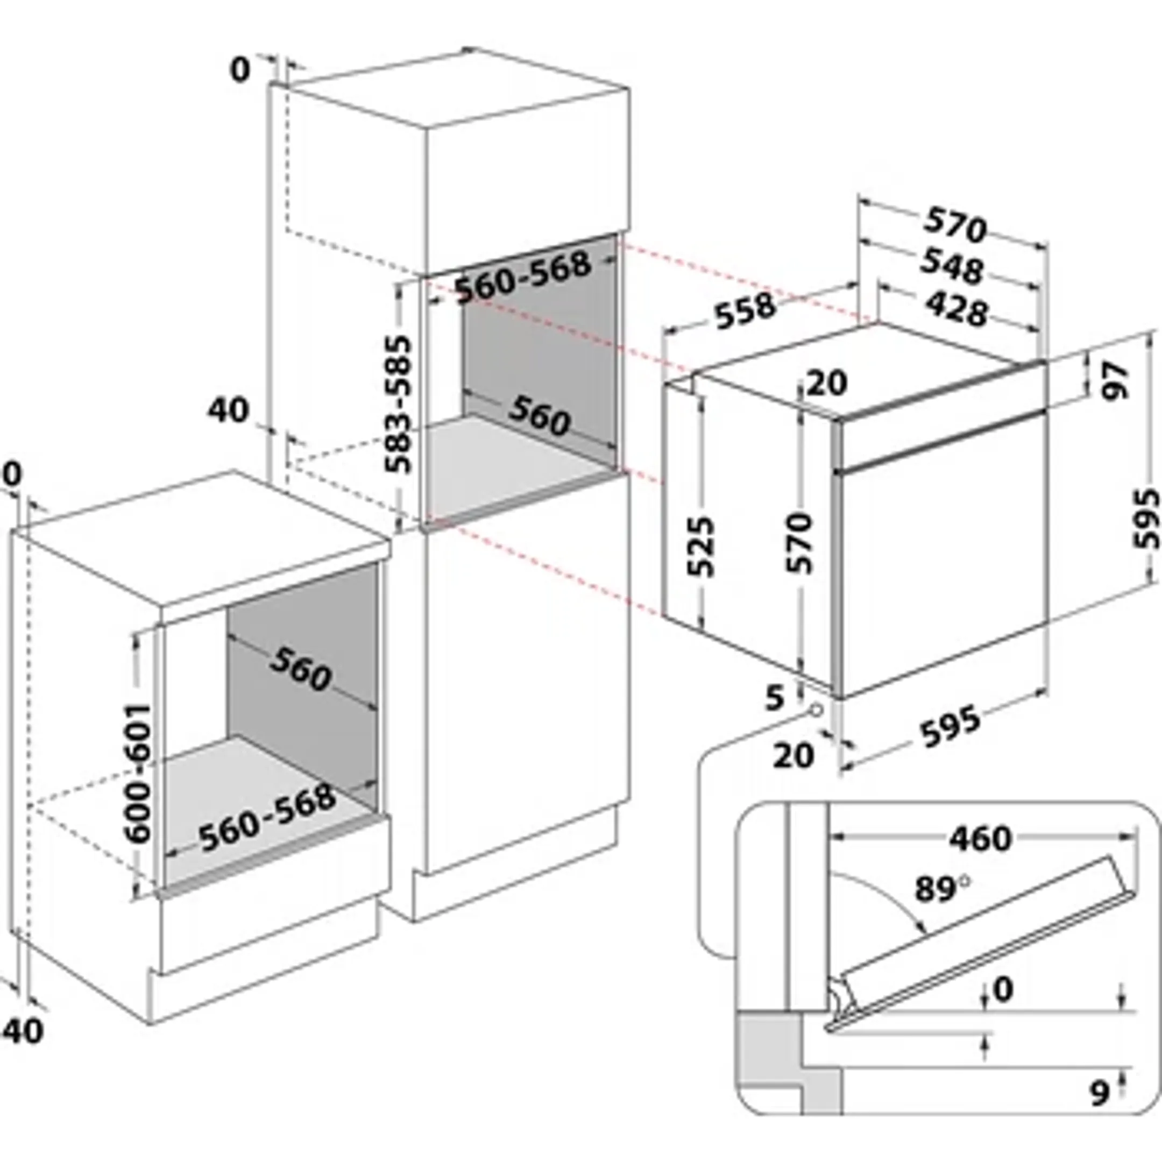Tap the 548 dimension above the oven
click(x=953, y=266)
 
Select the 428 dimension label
click(x=956, y=310)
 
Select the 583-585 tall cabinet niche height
click(x=398, y=404)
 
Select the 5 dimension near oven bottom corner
click(x=775, y=698)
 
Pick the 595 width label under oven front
click(x=950, y=727)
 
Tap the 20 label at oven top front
click(x=826, y=382)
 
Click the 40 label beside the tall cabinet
click(x=229, y=412)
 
